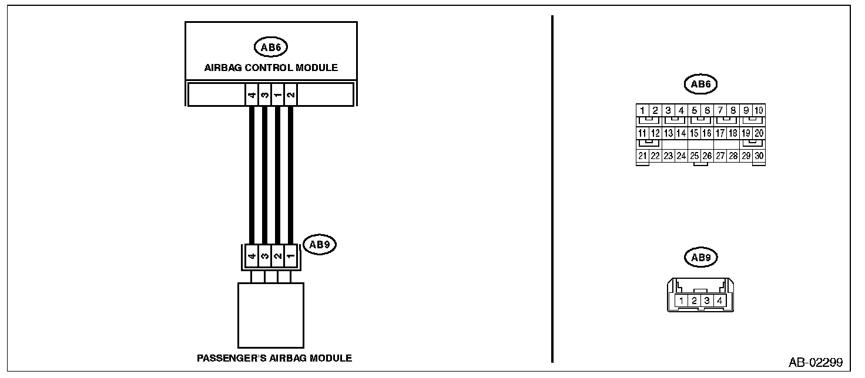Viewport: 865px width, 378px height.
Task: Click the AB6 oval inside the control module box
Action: click(270, 46)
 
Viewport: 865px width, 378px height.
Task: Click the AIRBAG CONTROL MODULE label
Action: click(271, 67)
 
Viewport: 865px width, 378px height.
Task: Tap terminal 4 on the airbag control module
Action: click(252, 95)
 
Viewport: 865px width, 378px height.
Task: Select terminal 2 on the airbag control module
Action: click(290, 95)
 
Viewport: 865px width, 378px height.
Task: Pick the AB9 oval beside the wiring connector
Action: click(318, 245)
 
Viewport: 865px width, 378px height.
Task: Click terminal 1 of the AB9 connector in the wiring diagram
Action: click(291, 256)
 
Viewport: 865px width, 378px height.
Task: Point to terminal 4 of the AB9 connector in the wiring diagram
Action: click(252, 256)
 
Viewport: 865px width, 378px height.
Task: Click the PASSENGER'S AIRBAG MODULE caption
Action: click(274, 357)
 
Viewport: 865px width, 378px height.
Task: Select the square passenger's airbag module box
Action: click(271, 315)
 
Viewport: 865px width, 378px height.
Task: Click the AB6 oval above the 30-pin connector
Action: click(701, 85)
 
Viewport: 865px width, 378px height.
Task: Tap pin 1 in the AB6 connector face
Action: click(642, 110)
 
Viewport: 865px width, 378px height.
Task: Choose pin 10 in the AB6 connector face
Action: click(759, 110)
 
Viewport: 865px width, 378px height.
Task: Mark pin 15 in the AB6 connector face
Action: click(694, 133)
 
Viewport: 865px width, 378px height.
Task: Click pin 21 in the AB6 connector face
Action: click(642, 156)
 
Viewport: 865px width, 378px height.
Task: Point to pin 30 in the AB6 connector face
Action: click(759, 156)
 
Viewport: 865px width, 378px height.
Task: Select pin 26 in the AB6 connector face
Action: click(707, 156)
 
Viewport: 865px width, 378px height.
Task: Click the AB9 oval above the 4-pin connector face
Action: click(701, 257)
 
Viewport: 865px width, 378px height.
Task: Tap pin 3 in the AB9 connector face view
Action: click(707, 301)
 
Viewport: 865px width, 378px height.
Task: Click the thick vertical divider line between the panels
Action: click(552, 188)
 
